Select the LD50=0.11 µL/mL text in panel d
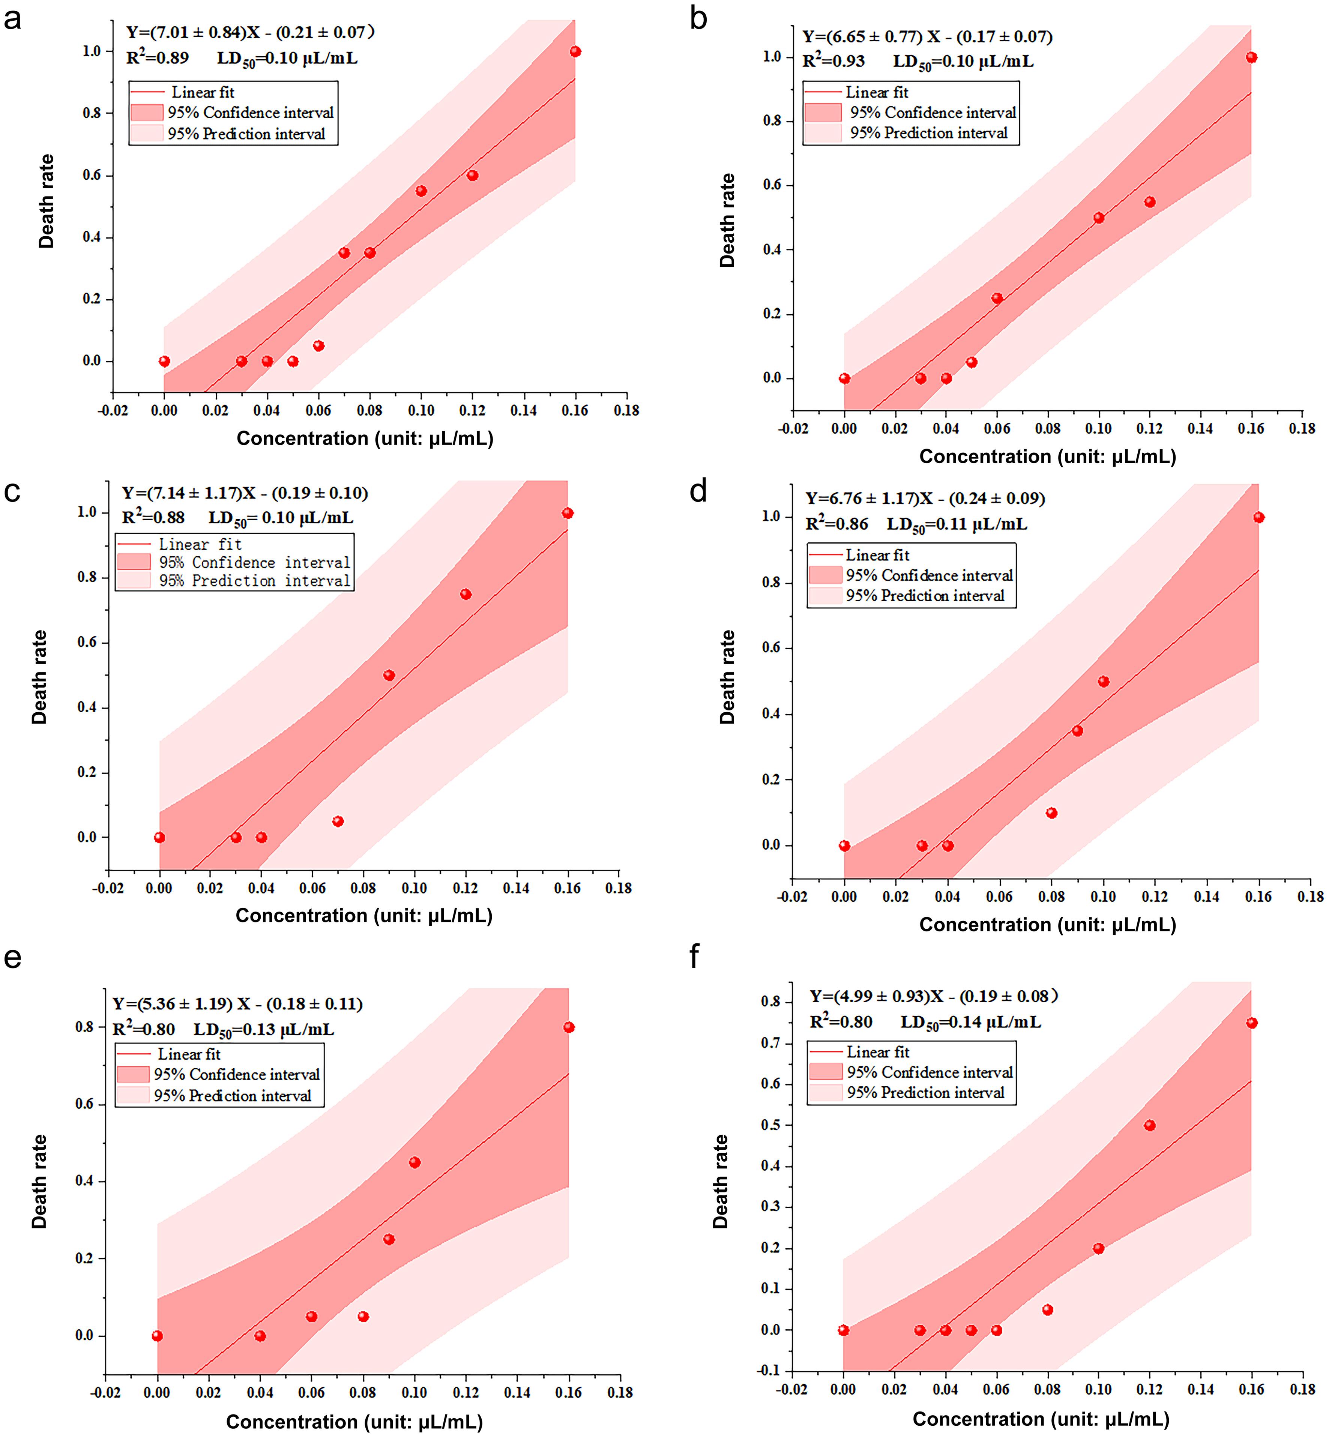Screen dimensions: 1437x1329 tap(957, 524)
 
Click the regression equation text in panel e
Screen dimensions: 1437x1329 tap(237, 1004)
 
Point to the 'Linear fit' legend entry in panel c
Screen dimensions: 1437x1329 tap(200, 544)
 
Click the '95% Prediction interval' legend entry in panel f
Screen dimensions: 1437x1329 tap(925, 1093)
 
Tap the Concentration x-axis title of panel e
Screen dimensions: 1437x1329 tap(354, 1422)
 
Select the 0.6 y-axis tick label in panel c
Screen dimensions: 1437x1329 tap(87, 642)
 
